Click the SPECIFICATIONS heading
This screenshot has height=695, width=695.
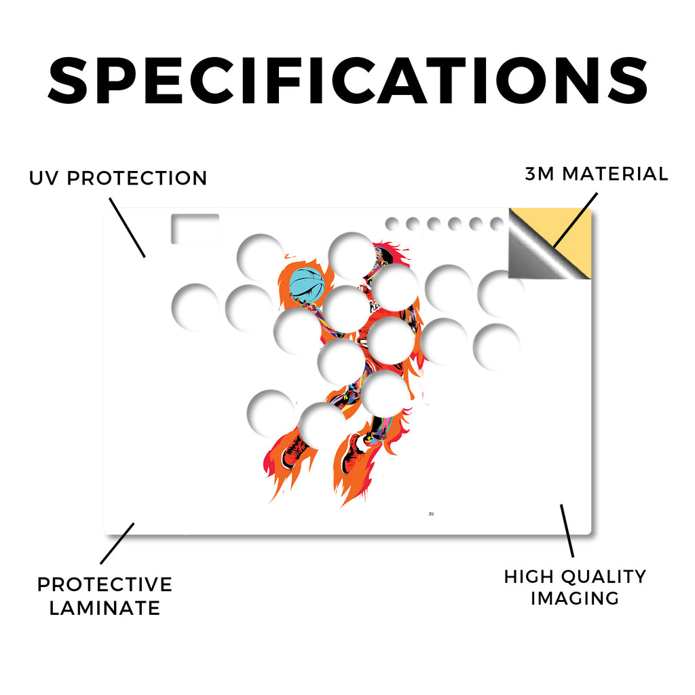pyautogui.click(x=347, y=81)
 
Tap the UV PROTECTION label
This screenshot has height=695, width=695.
pyautogui.click(x=118, y=179)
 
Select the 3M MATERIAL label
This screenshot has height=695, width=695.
pyautogui.click(x=596, y=174)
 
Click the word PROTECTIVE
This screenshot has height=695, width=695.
pyautogui.click(x=105, y=584)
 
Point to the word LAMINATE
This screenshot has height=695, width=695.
pyautogui.click(x=105, y=607)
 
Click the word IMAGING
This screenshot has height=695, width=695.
pyautogui.click(x=575, y=599)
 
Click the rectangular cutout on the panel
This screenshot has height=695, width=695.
pyautogui.click(x=195, y=229)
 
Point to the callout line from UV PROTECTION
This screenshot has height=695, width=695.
pyautogui.click(x=127, y=227)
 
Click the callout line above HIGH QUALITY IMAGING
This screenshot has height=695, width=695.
pyautogui.click(x=567, y=531)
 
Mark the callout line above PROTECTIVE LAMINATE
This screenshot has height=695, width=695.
pyautogui.click(x=117, y=544)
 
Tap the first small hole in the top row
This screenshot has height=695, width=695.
pyautogui.click(x=392, y=224)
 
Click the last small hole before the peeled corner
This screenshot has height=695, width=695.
pyautogui.click(x=497, y=224)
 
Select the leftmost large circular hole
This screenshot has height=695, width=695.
pyautogui.click(x=195, y=307)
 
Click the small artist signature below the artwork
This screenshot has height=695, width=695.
pyautogui.click(x=431, y=514)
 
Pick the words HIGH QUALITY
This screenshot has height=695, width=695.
pyautogui.click(x=575, y=577)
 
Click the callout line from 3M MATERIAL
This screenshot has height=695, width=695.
pyautogui.click(x=576, y=220)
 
